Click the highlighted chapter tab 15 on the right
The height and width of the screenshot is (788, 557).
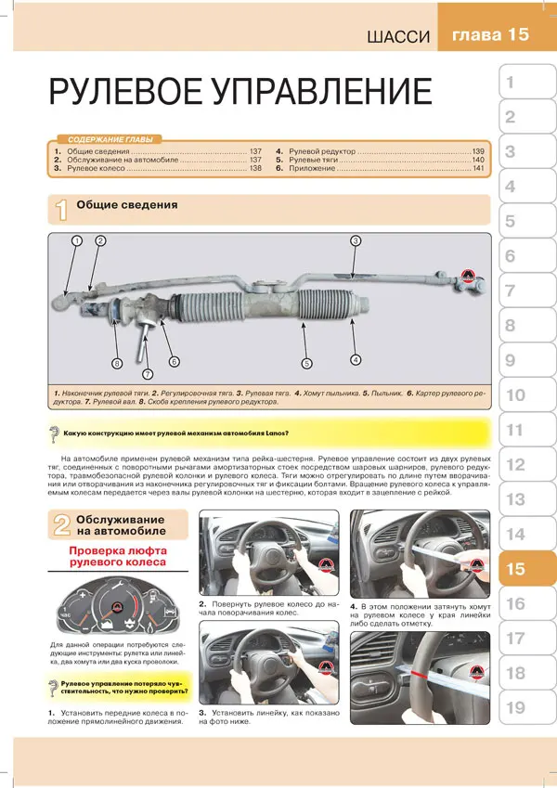point(517,570)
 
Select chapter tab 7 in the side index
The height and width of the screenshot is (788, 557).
point(510,291)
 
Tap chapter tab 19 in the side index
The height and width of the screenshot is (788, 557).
point(517,708)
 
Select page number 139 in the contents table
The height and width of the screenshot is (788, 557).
point(478,150)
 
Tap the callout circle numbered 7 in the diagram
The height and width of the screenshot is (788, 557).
point(147,374)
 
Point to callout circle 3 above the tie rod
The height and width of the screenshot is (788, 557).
point(355,240)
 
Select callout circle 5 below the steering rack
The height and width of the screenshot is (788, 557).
point(306,363)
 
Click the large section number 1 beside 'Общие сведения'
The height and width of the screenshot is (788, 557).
point(60,210)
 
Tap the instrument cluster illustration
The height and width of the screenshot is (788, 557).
point(116,609)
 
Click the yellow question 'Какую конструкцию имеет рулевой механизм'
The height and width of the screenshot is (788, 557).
point(176,432)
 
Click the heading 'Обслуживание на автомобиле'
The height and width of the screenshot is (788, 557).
point(121,524)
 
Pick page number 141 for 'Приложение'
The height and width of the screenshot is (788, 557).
point(478,169)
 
